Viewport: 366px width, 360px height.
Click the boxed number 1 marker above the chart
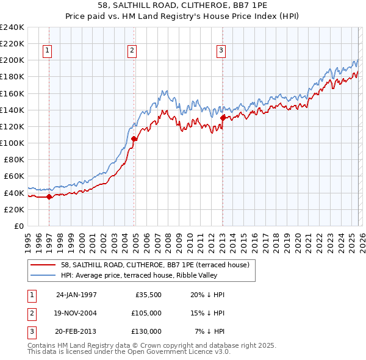click(48, 51)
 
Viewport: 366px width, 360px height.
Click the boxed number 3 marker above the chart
click(221, 51)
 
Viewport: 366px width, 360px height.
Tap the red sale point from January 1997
click(49, 196)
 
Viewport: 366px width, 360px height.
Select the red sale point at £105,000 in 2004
click(134, 139)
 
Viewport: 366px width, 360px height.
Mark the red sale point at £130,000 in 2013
click(223, 118)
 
